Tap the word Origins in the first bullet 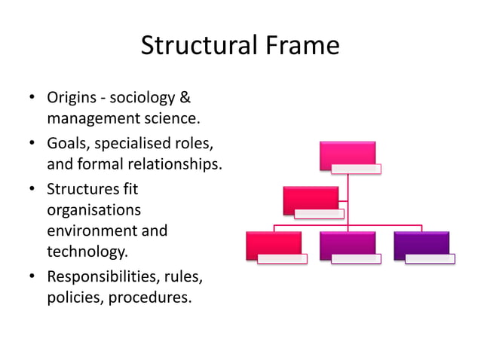click(75, 99)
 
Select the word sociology click(149, 99)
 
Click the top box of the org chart click(347, 154)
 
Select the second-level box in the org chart click(311, 200)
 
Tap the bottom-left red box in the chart click(274, 245)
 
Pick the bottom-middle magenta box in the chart click(347, 245)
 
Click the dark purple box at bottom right click(421, 245)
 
